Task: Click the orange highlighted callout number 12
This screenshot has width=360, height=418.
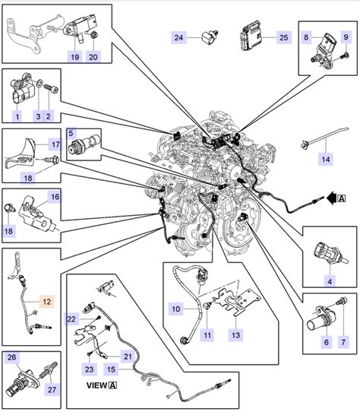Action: [46, 302]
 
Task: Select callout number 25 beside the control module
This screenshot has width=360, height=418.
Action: [283, 36]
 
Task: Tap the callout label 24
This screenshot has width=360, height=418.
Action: [179, 36]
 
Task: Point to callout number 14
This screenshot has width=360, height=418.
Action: [325, 159]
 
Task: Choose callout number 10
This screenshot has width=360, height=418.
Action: [175, 309]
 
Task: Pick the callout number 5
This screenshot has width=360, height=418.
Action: [72, 131]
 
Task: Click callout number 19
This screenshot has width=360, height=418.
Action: [75, 56]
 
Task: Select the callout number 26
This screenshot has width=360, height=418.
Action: [11, 356]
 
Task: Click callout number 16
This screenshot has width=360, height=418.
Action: [55, 197]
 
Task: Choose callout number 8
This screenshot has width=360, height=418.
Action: [307, 36]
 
